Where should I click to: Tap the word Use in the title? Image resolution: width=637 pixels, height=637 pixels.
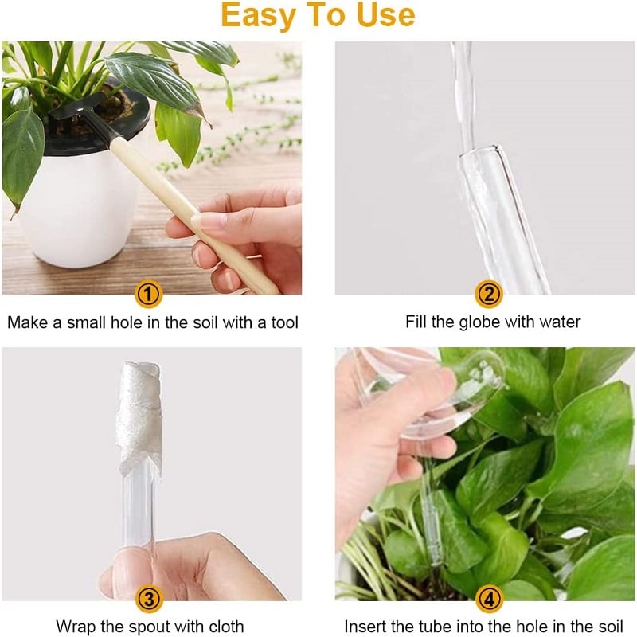tap(385, 16)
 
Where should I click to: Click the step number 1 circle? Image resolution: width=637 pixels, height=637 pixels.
tap(149, 295)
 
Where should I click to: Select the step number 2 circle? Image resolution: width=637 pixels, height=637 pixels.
tap(488, 295)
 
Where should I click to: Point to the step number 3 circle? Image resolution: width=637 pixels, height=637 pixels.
tap(149, 599)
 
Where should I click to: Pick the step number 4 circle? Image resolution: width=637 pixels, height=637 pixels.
tap(488, 599)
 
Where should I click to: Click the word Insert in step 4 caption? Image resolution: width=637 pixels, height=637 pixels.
tap(364, 627)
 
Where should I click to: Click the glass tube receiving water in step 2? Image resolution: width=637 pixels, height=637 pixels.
tap(498, 207)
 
